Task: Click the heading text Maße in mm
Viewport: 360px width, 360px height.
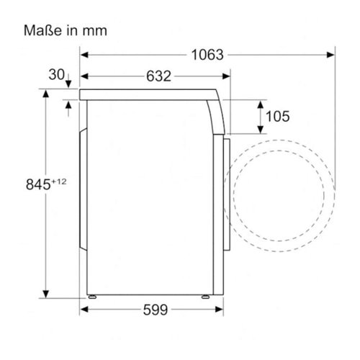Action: [x=66, y=31]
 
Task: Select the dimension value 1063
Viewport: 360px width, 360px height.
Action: [x=207, y=55]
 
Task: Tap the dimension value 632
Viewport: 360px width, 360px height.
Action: [x=158, y=76]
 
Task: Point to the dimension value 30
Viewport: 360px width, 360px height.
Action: [x=56, y=74]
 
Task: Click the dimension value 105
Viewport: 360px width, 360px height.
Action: [x=278, y=117]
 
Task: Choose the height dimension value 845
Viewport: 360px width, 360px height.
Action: [x=38, y=184]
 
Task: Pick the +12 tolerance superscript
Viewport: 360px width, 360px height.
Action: [x=59, y=181]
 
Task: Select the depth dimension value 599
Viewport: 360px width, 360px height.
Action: [x=156, y=310]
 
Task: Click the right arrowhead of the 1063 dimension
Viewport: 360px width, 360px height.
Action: [x=330, y=55]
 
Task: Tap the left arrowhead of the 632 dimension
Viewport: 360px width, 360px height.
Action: [x=84, y=76]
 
